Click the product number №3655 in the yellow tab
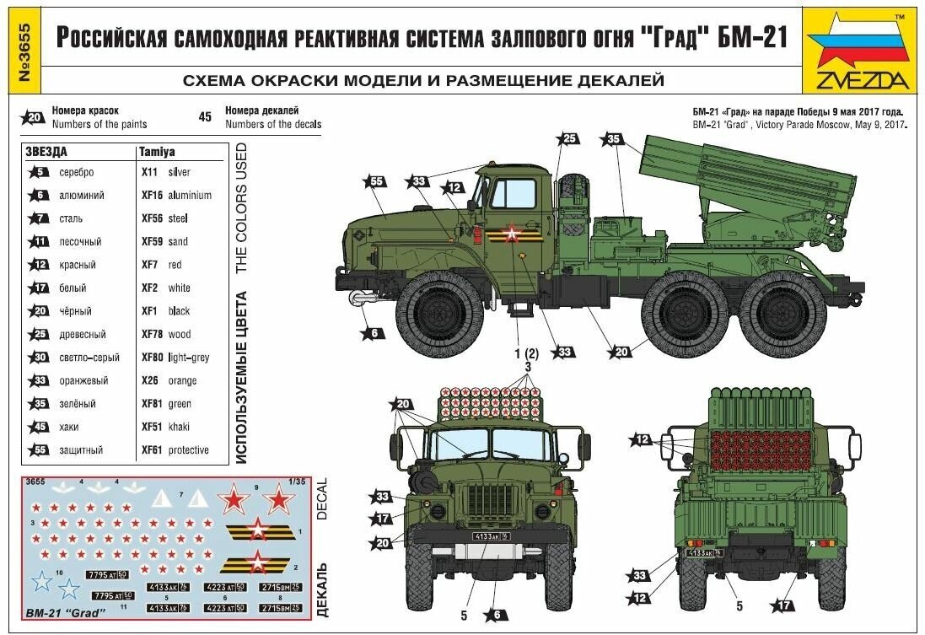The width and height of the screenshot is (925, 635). [17, 51]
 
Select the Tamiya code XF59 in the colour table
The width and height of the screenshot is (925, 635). [151, 242]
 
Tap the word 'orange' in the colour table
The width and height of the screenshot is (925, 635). [182, 381]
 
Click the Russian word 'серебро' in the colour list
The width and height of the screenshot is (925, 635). [77, 172]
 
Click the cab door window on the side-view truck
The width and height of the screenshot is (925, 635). [513, 194]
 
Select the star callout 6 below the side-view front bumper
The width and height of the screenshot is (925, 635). [374, 332]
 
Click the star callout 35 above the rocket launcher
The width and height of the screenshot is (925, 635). [612, 139]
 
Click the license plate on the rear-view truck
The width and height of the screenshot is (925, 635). [707, 552]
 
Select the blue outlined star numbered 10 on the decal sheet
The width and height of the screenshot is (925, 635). [40, 582]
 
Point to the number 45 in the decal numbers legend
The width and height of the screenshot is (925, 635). [205, 117]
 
